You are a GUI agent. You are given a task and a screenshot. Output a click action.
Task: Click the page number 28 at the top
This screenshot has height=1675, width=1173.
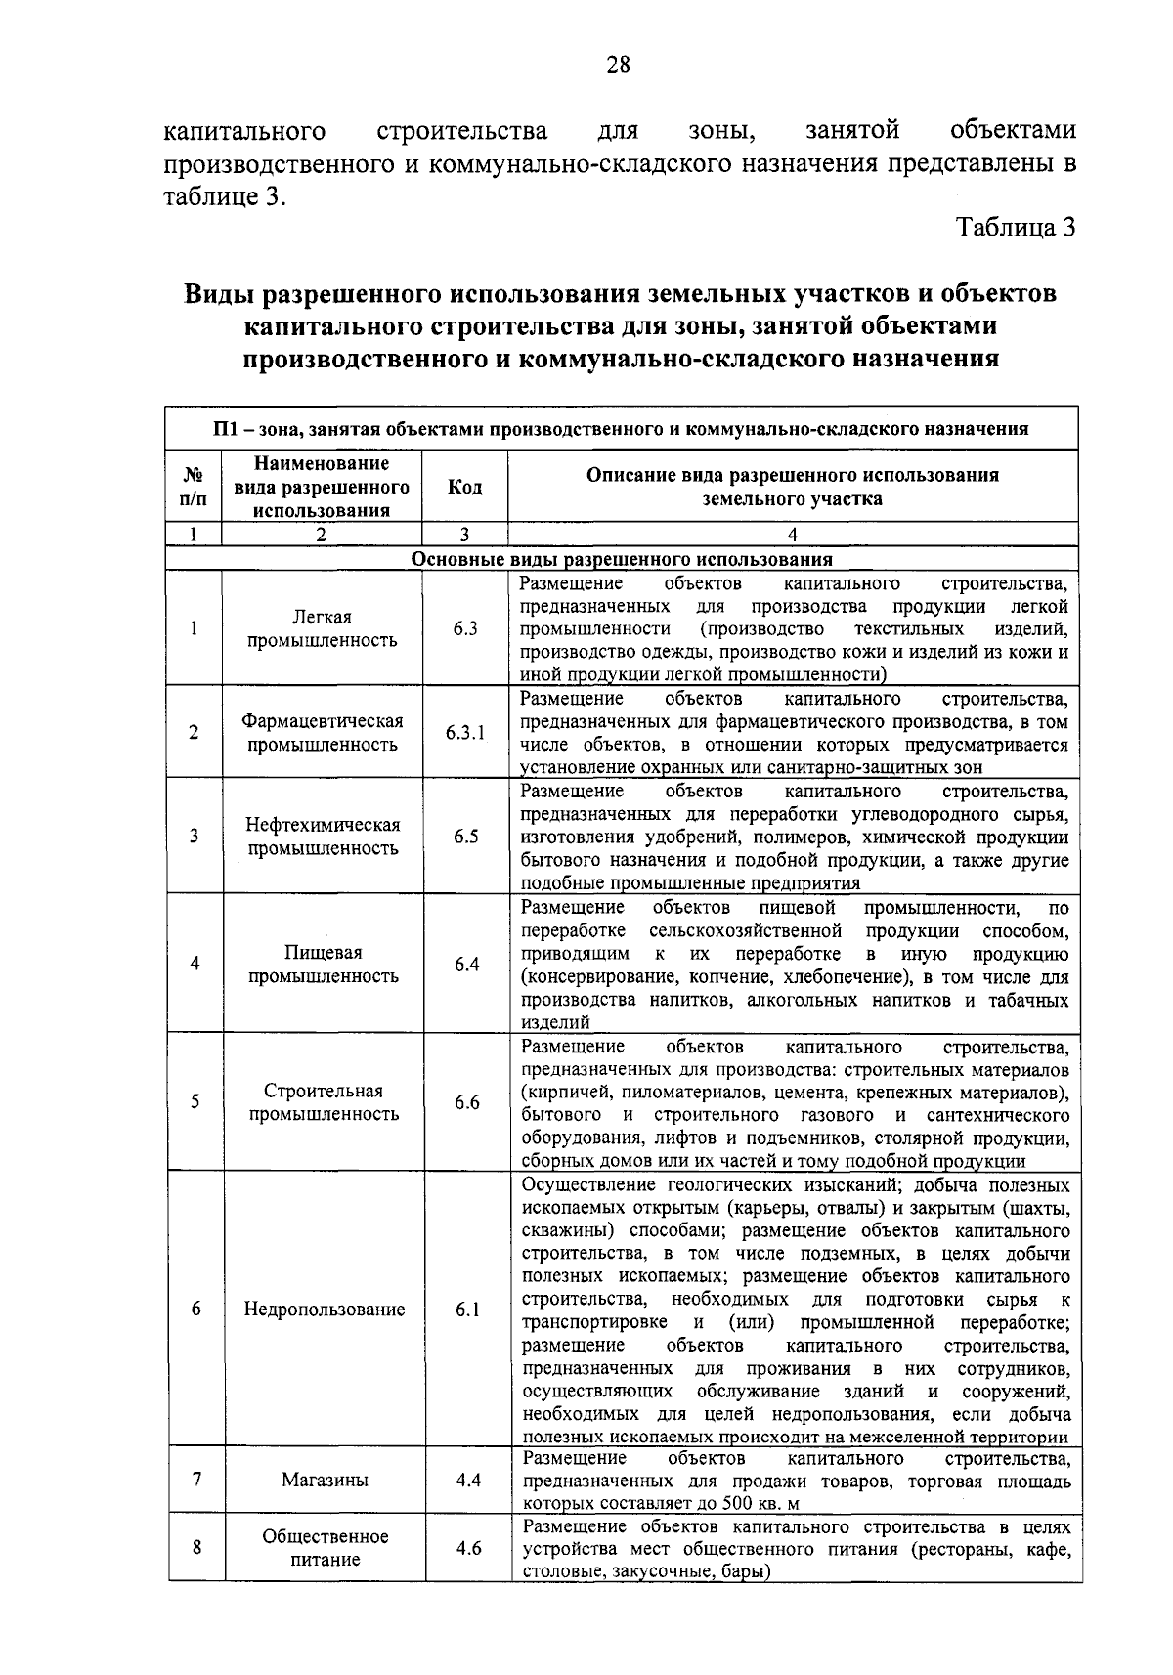[618, 65]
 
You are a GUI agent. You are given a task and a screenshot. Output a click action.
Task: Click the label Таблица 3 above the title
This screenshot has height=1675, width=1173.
[1016, 228]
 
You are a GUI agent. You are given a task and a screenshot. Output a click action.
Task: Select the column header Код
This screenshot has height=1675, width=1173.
[464, 487]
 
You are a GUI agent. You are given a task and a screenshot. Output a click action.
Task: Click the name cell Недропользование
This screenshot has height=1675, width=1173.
[325, 1310]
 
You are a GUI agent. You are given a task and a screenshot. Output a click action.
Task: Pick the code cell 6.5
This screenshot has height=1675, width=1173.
[466, 837]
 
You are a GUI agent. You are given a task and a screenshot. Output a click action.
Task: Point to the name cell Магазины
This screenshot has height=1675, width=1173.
[325, 1480]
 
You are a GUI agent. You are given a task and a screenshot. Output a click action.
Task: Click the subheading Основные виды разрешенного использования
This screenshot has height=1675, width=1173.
[622, 560]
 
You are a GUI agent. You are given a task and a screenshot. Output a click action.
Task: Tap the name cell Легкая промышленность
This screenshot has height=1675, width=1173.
[323, 628]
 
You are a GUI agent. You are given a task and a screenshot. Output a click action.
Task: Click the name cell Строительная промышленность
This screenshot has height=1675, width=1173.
[324, 1102]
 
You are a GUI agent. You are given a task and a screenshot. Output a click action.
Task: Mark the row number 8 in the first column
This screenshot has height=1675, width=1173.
[196, 1547]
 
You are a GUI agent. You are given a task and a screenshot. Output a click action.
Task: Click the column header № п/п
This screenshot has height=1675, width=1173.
[195, 487]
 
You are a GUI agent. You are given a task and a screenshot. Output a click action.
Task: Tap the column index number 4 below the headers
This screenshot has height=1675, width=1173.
[793, 535]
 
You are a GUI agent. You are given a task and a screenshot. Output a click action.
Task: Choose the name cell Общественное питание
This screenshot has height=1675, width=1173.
[325, 1548]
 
